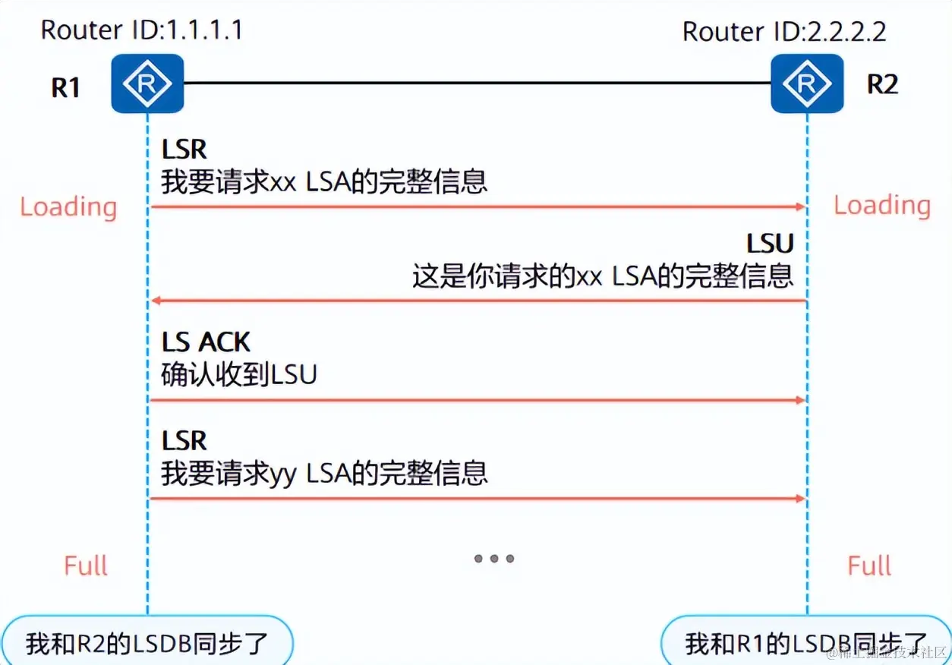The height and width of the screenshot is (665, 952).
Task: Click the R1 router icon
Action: pyautogui.click(x=147, y=84)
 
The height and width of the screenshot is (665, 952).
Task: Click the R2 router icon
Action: pyautogui.click(x=807, y=84)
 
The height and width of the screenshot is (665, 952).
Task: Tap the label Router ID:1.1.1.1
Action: pyautogui.click(x=142, y=30)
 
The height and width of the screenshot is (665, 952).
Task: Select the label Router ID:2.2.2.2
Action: pyautogui.click(x=784, y=32)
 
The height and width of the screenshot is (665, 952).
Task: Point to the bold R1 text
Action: pyautogui.click(x=65, y=87)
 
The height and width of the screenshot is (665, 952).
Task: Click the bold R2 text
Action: pyautogui.click(x=882, y=84)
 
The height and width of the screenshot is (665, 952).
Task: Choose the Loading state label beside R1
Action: pyautogui.click(x=68, y=207)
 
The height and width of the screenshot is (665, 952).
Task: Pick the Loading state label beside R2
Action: pyautogui.click(x=882, y=206)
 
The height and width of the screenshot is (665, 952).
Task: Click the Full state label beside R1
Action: pyautogui.click(x=86, y=566)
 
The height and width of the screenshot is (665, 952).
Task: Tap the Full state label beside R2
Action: pyautogui.click(x=870, y=566)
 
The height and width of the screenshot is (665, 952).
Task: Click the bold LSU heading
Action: pyautogui.click(x=770, y=244)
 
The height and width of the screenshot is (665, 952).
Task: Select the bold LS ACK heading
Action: pyautogui.click(x=206, y=342)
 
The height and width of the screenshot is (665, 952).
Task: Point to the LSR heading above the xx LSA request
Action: pyautogui.click(x=184, y=150)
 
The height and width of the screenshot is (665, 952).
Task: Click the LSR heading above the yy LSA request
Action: pyautogui.click(x=184, y=440)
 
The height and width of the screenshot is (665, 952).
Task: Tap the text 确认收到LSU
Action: pyautogui.click(x=238, y=375)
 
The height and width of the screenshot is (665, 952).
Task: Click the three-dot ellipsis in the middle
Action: pyautogui.click(x=494, y=559)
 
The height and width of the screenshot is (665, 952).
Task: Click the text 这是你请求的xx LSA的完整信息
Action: pyautogui.click(x=603, y=276)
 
